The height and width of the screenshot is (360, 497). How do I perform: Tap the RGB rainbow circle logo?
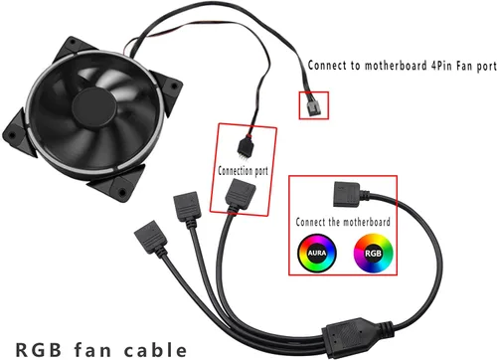tap(371, 254)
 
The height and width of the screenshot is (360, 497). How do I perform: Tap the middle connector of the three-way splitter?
tap(187, 207)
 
